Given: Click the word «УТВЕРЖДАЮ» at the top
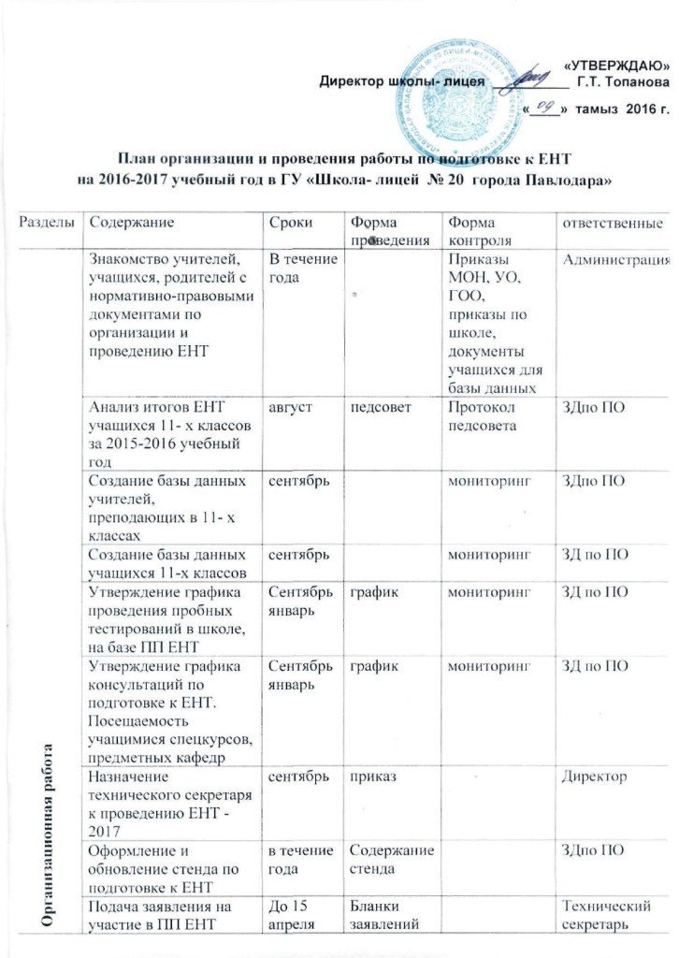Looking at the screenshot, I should [618, 63].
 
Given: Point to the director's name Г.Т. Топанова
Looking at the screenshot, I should [623, 82].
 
